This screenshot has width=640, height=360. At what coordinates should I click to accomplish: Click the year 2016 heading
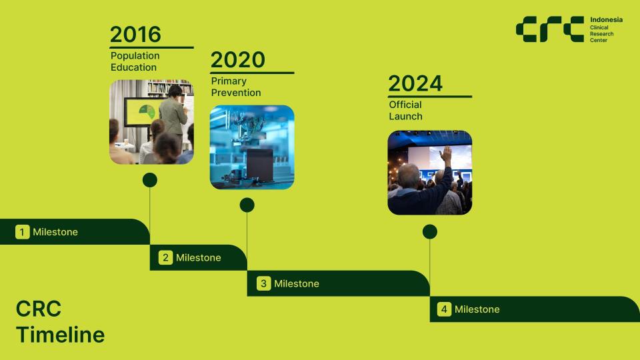[135, 34]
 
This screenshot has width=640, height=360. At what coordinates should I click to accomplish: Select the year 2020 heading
[238, 60]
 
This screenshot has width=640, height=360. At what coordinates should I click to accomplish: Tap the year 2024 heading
[415, 84]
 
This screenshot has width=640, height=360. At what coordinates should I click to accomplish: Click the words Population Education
[135, 61]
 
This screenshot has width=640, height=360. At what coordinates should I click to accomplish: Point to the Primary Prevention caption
[236, 87]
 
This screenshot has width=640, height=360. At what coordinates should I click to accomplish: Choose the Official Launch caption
[405, 111]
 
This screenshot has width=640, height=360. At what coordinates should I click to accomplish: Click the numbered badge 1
[23, 232]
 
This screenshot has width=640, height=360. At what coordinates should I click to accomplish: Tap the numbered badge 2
[165, 257]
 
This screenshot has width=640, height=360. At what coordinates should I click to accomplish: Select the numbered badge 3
[264, 283]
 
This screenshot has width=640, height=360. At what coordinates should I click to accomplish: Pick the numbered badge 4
[444, 309]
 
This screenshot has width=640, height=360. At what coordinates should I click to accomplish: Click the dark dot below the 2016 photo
[150, 180]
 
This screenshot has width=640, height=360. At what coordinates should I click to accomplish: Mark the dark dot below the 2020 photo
[247, 205]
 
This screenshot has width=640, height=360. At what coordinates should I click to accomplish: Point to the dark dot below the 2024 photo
[430, 232]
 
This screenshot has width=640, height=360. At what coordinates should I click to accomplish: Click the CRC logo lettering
[550, 29]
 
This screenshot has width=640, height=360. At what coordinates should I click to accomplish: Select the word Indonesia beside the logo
[606, 19]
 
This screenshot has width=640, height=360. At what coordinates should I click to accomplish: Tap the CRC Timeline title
[60, 321]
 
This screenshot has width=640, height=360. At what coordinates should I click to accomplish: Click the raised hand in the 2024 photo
[445, 155]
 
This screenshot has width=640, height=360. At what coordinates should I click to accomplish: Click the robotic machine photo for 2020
[252, 147]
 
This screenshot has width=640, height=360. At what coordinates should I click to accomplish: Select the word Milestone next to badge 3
[296, 284]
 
